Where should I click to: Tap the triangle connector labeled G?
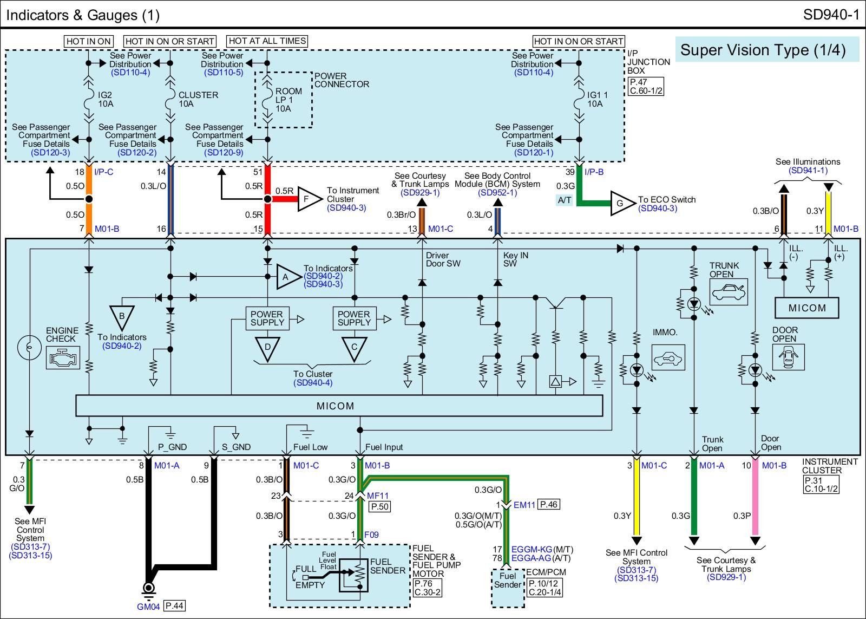point(622,203)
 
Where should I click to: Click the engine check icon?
point(63,358)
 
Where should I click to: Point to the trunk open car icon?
point(729,293)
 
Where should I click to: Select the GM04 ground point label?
point(148,607)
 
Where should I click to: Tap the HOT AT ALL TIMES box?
point(267,41)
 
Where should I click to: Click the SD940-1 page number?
point(831,15)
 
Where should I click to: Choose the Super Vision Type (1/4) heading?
point(763,50)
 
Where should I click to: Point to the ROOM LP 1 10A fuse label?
point(288,100)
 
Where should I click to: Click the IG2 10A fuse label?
point(106,100)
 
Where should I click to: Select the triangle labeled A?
point(287,277)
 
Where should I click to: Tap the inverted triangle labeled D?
point(267,347)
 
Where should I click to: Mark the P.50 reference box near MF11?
point(379,506)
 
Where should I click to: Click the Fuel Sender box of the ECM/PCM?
point(508,588)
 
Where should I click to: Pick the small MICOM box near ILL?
point(807,308)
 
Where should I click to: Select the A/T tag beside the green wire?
point(565,200)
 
